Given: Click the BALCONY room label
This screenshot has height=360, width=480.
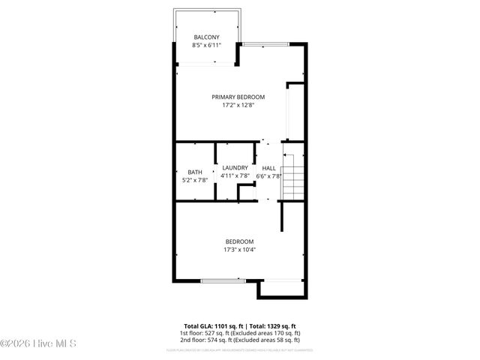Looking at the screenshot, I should pos(206,37).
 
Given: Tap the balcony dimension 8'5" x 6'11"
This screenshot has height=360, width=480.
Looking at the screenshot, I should pos(206,46).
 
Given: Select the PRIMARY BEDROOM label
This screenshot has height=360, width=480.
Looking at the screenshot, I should pos(238,97).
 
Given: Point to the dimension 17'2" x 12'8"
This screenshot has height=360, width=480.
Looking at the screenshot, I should pos(238,106).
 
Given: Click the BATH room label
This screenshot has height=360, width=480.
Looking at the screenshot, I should pos(194,171).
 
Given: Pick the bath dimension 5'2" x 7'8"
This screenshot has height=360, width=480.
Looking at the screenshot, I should pos(194,180).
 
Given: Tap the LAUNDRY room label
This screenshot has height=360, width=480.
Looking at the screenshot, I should pos(235,167).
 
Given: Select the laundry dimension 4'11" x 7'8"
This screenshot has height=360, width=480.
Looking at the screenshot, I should pos(235,175).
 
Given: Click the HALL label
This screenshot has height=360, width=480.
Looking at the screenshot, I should pos(268,167).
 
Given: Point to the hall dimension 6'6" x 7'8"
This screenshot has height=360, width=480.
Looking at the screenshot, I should pos(268,175).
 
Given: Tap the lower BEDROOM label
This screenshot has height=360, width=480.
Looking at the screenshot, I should pos(239,241).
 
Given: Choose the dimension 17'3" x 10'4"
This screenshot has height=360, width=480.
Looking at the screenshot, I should pos(239,250).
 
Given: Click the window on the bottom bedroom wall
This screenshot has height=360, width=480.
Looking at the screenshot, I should pos(223,280).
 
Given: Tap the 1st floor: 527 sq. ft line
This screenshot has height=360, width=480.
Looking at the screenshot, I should pos(239,333).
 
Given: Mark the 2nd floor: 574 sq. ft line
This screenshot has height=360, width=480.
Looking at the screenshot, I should pos(239,340).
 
